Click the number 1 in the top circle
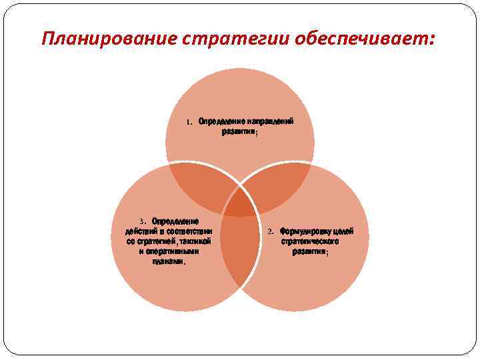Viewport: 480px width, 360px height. [x=189, y=123]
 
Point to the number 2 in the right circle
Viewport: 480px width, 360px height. [x=271, y=232]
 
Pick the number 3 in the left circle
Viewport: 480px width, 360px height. [x=142, y=221]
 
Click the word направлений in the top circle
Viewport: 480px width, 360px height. [x=271, y=122]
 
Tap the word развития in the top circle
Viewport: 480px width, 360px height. [x=239, y=132]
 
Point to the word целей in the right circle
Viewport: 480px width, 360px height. [x=342, y=231]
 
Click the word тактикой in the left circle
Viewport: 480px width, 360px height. [x=195, y=241]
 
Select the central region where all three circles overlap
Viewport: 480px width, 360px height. [x=240, y=204]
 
